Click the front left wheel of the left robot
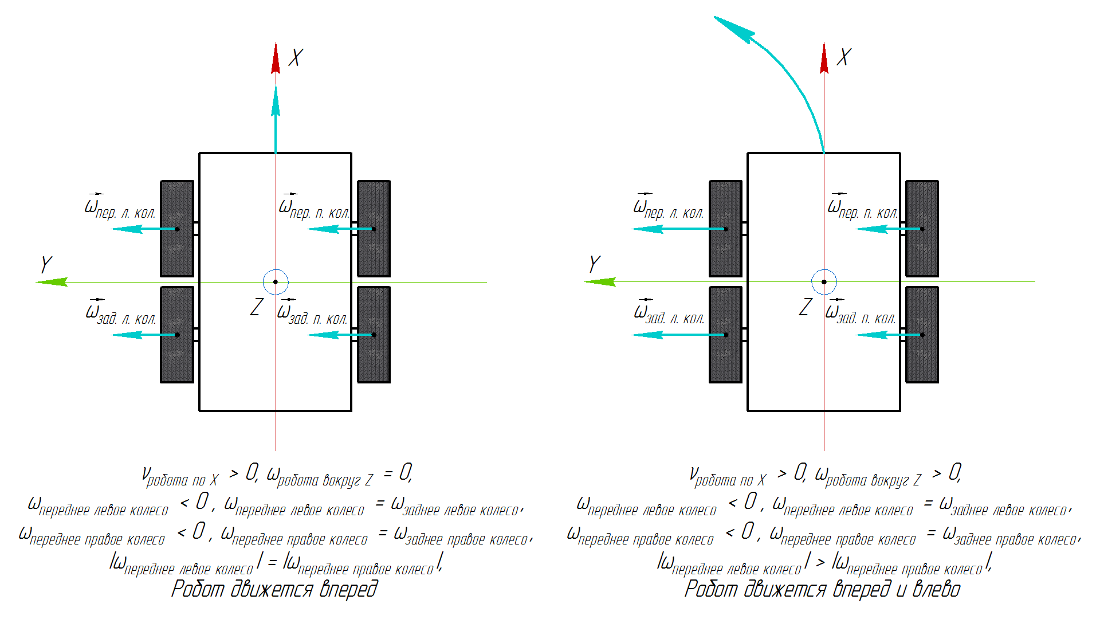tap(177, 229)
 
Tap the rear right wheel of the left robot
tap(374, 335)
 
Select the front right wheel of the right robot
tap(922, 229)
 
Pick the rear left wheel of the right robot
tap(725, 335)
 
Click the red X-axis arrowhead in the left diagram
tap(276, 58)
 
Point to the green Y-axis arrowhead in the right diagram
tap(599, 281)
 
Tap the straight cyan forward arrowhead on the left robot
tap(276, 102)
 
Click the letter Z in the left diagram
tap(257, 307)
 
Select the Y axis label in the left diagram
tap(46, 264)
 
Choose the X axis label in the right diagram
tap(844, 57)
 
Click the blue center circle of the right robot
tap(824, 282)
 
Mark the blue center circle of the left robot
tap(276, 282)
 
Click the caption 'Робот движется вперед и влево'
tap(822, 589)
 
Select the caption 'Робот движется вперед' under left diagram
tap(274, 589)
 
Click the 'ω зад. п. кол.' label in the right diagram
tap(861, 314)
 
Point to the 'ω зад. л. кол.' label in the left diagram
tap(120, 314)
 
